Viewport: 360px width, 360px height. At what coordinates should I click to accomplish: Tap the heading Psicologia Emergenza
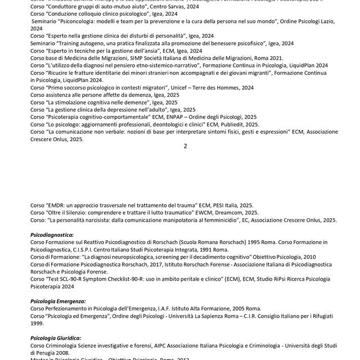pos(58,301)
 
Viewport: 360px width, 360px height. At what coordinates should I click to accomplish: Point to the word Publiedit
pos(243,124)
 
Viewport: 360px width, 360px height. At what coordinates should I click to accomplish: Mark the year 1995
pos(231,242)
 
